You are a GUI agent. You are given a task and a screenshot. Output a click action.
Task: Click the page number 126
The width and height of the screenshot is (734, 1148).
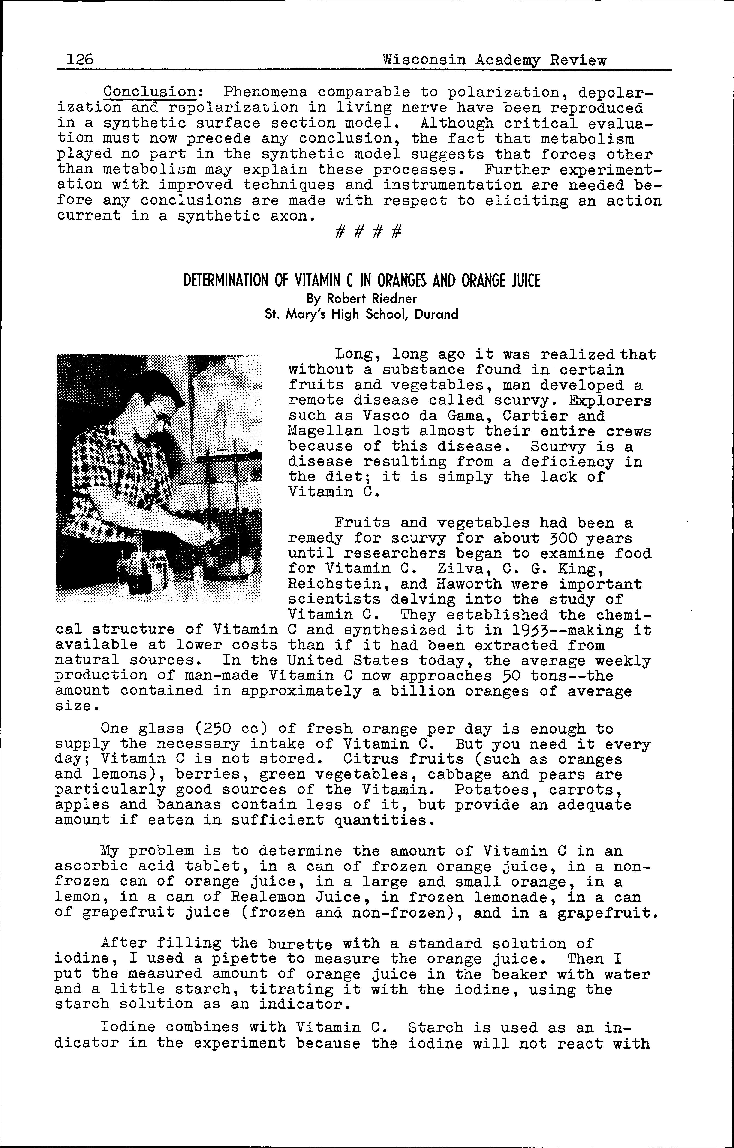(80, 60)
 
